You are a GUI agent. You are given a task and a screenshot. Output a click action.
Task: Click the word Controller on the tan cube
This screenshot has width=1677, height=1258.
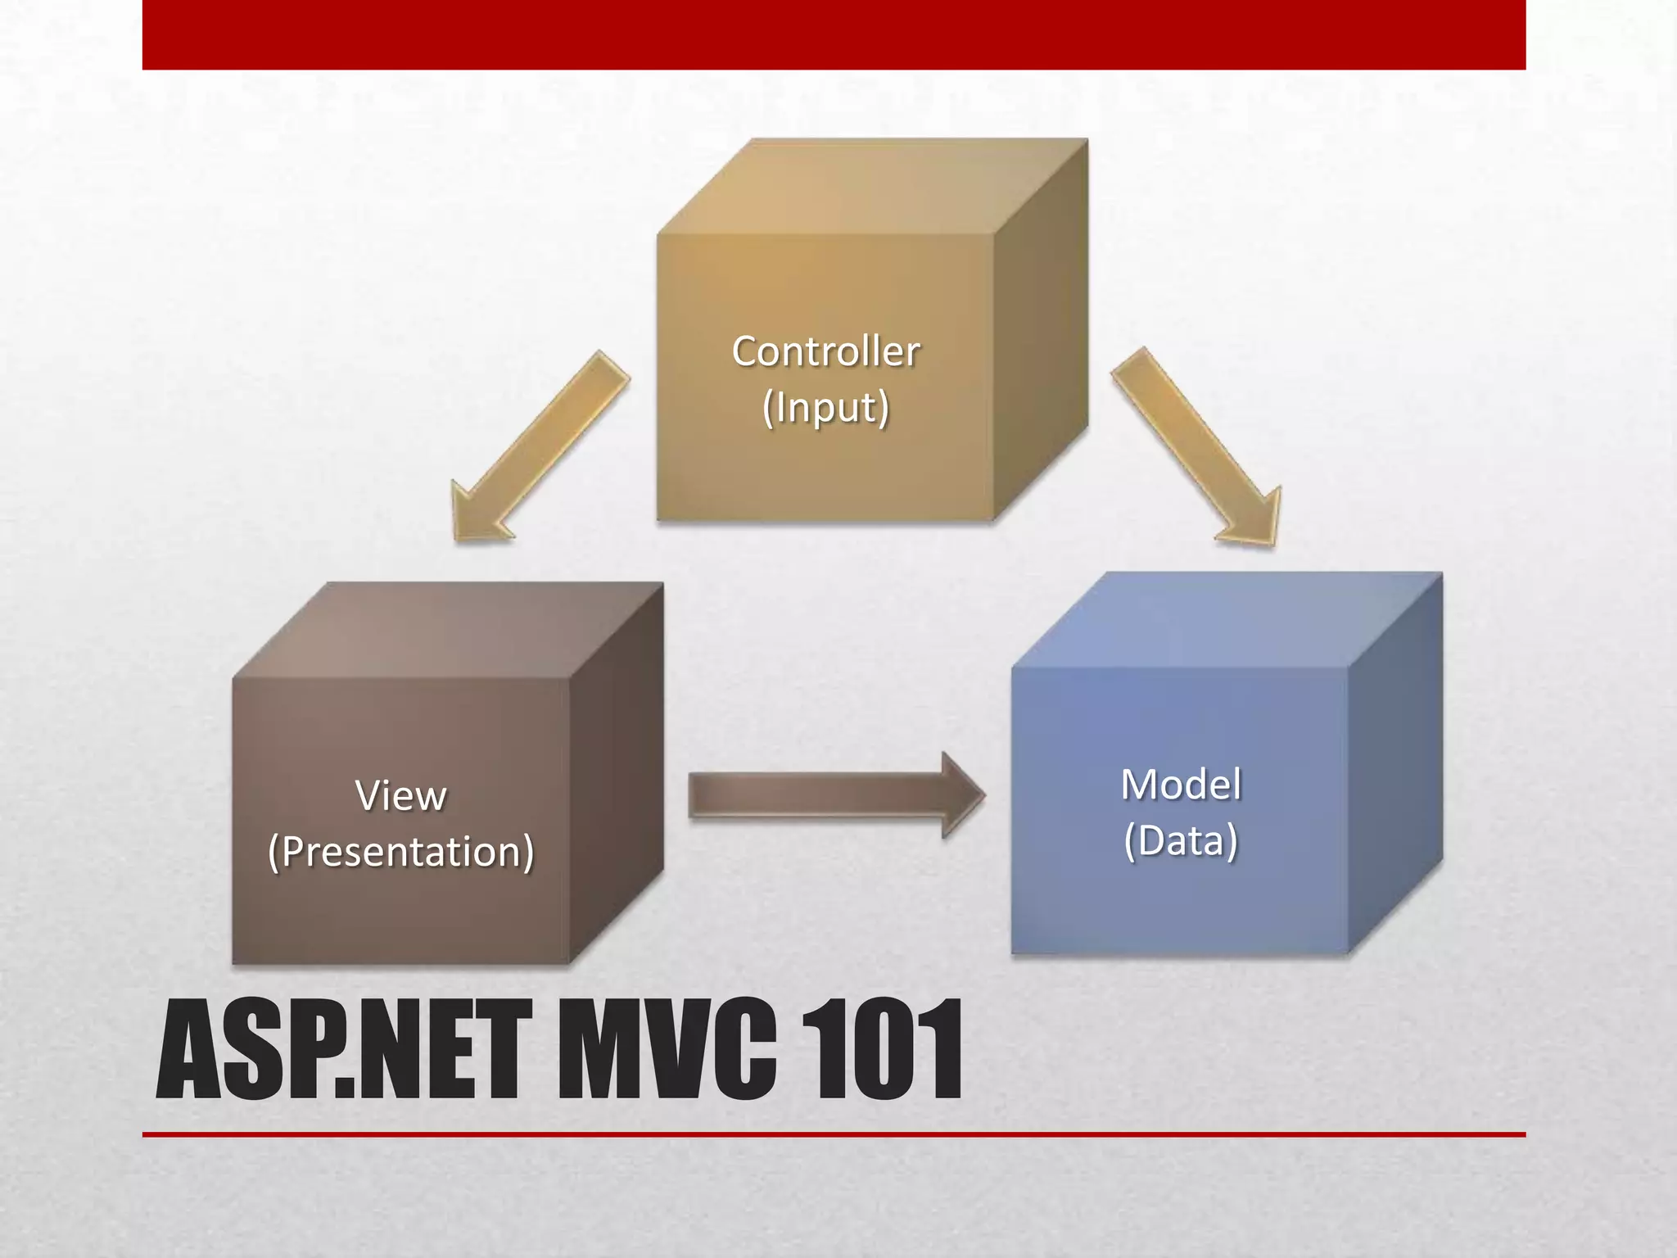[825, 352]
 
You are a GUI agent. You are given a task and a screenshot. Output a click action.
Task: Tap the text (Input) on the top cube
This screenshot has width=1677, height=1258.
[825, 408]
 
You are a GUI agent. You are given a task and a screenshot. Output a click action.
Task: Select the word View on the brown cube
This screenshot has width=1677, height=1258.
[400, 796]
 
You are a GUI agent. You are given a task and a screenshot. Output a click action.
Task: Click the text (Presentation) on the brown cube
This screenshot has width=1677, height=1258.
[400, 852]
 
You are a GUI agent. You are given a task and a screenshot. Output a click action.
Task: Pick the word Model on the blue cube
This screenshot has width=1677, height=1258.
[1180, 785]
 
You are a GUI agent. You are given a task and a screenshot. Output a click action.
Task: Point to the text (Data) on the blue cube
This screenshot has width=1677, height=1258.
[1180, 841]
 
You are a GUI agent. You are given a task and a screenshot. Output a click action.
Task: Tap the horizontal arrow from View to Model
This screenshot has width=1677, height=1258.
[819, 795]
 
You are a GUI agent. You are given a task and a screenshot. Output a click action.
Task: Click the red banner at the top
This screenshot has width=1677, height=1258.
[834, 34]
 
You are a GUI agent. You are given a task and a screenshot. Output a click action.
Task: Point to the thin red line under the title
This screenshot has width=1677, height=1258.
[834, 1134]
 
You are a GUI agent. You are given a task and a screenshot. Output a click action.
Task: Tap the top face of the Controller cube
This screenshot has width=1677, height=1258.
[872, 187]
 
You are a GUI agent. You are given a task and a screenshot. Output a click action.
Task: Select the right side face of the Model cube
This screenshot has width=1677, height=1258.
[1394, 762]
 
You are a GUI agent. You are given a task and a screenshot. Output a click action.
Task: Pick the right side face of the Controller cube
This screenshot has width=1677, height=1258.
[1040, 328]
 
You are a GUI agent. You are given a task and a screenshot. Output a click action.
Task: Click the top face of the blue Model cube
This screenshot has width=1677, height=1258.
[1227, 620]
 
